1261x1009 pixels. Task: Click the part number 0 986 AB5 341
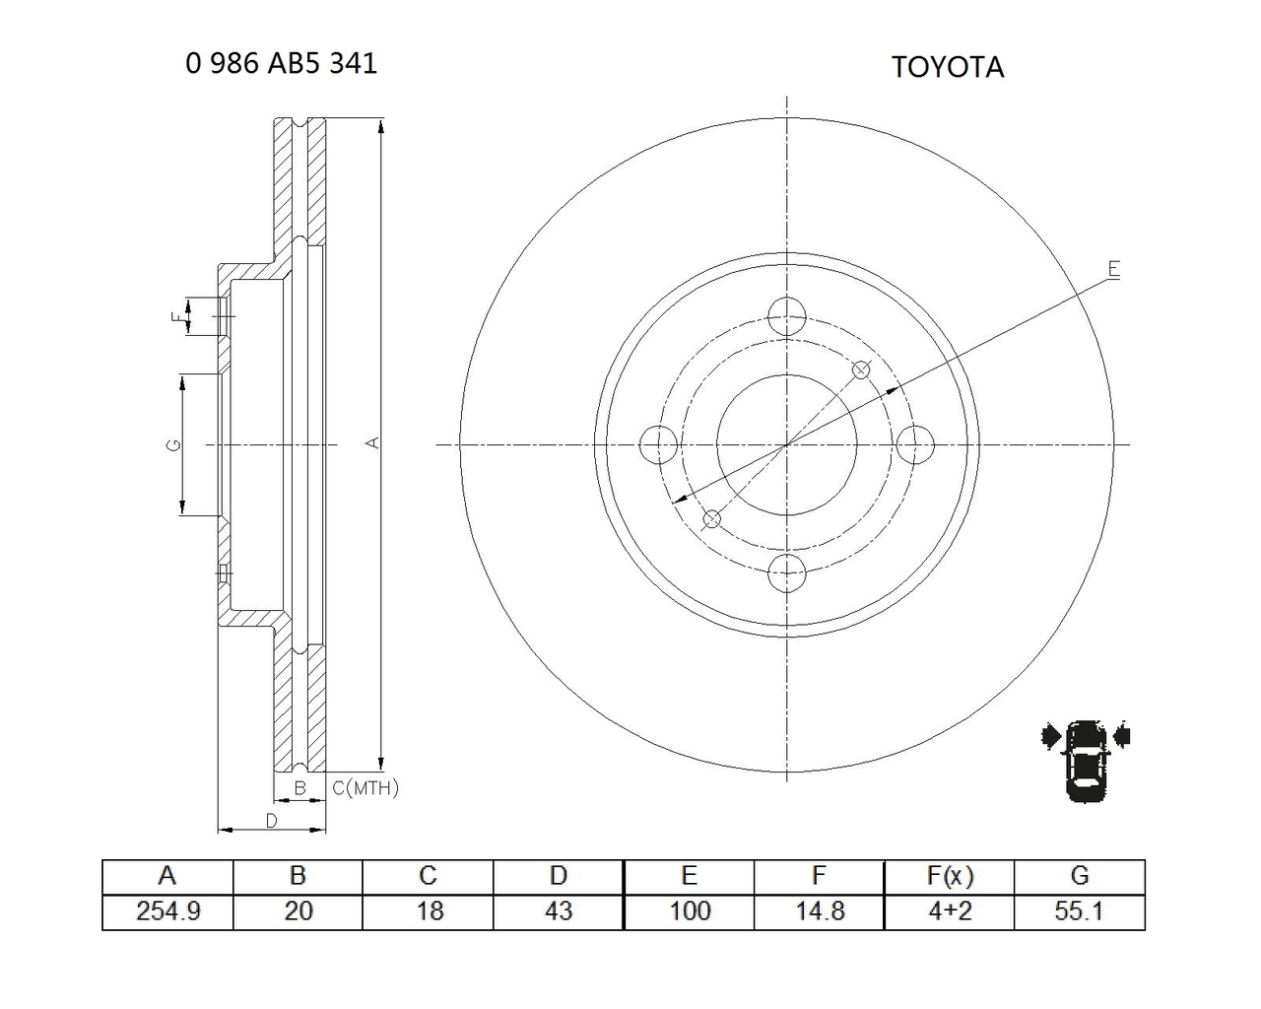(x=282, y=63)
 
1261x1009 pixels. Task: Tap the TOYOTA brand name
(x=948, y=67)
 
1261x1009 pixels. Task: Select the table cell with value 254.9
(x=168, y=911)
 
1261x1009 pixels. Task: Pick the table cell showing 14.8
(x=820, y=911)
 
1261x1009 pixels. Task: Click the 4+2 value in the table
(x=950, y=911)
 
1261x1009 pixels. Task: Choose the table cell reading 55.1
(x=1080, y=911)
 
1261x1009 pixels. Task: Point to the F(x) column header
(x=950, y=876)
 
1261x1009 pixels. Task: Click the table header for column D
(x=559, y=876)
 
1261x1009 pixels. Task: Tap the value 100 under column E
(x=689, y=911)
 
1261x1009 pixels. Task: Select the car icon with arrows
(x=1086, y=761)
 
